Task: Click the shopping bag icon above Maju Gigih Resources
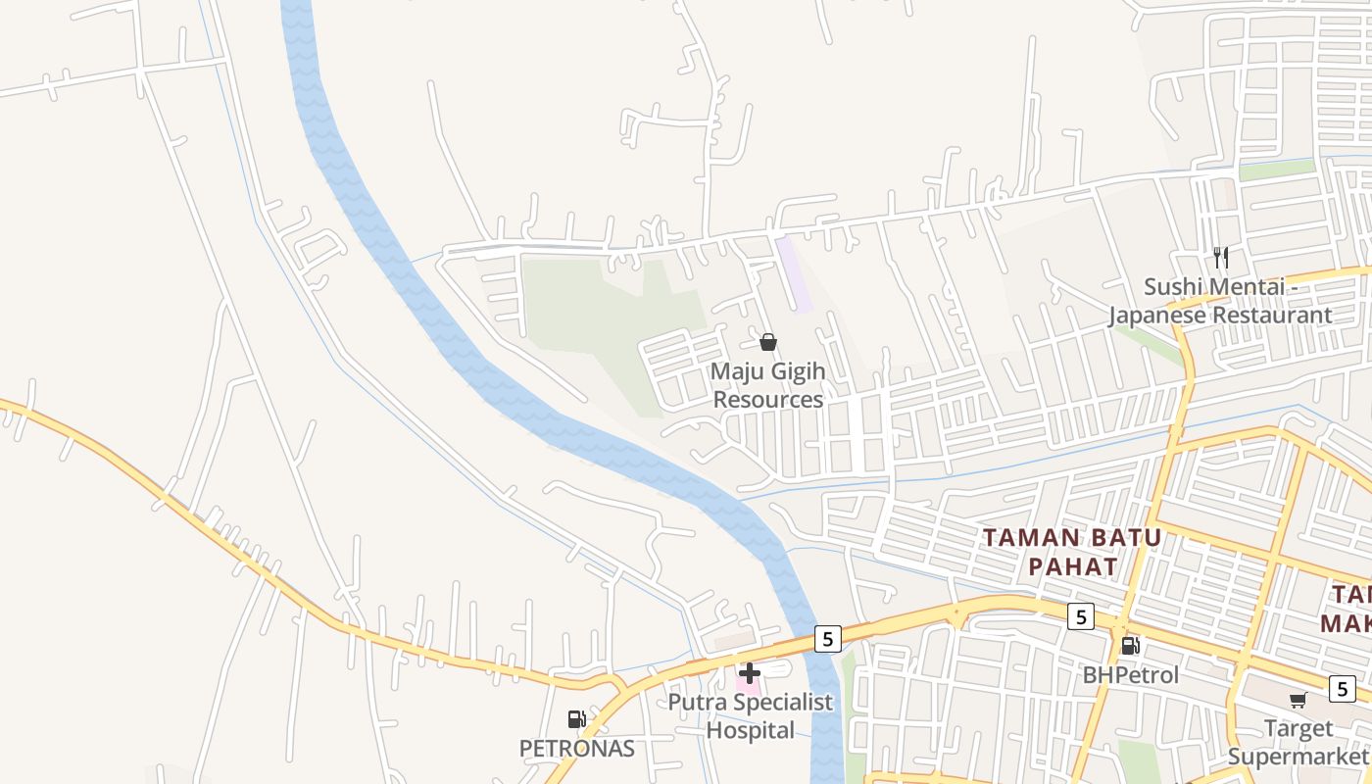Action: point(768,342)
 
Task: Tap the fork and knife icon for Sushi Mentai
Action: point(1220,258)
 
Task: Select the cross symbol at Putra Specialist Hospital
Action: point(750,673)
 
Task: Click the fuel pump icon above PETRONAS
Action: point(576,720)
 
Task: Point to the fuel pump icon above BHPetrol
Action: point(1130,645)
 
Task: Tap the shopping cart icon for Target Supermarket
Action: point(1298,700)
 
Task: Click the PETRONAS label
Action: point(576,749)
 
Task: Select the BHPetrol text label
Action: point(1131,675)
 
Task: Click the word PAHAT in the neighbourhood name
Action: point(1072,566)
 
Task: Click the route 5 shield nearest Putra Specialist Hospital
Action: point(827,639)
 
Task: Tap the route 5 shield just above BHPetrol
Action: point(1080,616)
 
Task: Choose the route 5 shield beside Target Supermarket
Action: point(1342,688)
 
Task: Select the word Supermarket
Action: point(1297,757)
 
